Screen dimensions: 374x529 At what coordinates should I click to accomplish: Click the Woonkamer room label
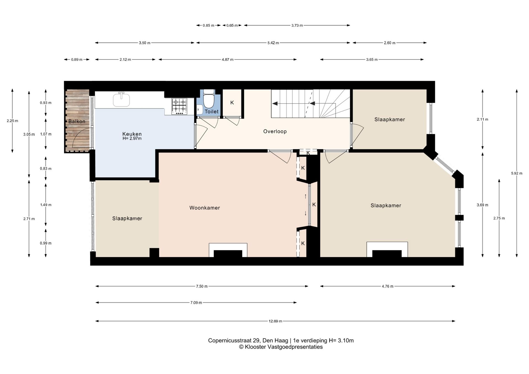click(204, 208)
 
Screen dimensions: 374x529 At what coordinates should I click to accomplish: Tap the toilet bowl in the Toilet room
click(209, 101)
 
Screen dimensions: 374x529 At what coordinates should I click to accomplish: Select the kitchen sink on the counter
click(121, 100)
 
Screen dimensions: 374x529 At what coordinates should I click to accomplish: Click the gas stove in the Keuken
click(179, 106)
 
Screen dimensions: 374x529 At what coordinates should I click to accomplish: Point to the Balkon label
click(77, 121)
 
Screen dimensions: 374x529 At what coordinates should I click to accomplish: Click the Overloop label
click(275, 131)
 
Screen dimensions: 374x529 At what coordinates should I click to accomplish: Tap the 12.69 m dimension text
click(275, 321)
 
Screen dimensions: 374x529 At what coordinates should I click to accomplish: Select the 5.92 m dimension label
click(517, 174)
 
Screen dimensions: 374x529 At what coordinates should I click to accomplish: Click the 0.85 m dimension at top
click(208, 25)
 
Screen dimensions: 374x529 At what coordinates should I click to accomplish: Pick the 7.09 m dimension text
click(196, 303)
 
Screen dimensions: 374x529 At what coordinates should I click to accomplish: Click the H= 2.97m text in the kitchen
click(132, 139)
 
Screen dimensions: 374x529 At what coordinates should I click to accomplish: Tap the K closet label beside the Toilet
click(232, 103)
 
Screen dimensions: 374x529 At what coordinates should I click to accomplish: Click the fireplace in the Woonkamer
click(228, 251)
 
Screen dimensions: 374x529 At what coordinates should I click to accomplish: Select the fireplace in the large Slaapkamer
click(387, 250)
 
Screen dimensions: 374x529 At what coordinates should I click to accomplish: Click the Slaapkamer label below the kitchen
click(127, 218)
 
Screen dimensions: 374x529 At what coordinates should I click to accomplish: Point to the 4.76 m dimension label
click(387, 286)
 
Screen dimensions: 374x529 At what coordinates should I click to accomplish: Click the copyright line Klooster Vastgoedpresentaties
click(280, 347)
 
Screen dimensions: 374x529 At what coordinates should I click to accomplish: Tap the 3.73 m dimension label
click(297, 25)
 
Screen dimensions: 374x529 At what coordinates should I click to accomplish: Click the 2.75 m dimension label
click(499, 218)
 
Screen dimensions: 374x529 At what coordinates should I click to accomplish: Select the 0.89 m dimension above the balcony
click(77, 59)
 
